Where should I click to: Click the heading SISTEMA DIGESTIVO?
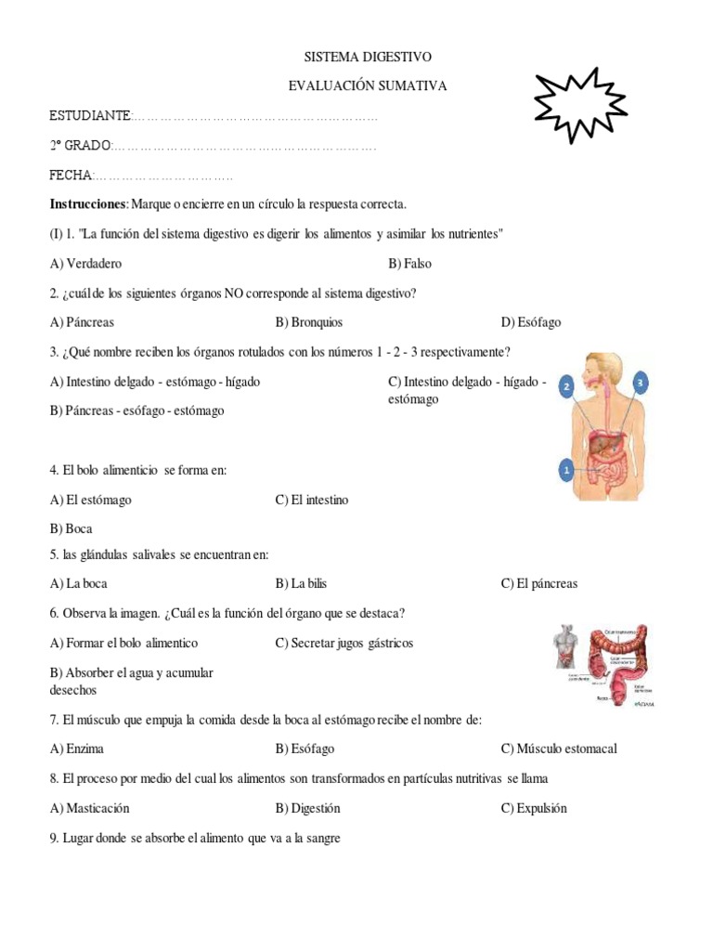coord(369,58)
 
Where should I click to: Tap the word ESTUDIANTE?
coord(90,116)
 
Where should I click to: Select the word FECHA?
coord(71,176)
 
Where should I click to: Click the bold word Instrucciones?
coord(87,203)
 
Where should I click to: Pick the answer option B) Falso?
coord(410,263)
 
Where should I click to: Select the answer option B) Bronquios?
coord(309,322)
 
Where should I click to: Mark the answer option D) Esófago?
coord(531,322)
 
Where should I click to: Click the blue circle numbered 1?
coord(566,472)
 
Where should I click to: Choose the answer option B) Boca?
coord(71,528)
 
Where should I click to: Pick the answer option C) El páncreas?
coord(539,583)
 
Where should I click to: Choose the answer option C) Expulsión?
coord(534,808)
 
